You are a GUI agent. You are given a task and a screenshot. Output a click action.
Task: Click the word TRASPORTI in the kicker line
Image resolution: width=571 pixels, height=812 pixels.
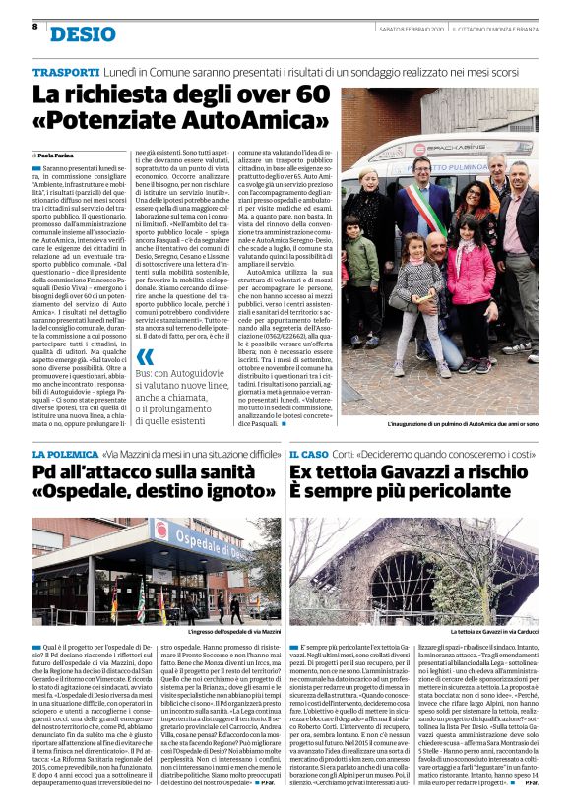pyautogui.click(x=66, y=73)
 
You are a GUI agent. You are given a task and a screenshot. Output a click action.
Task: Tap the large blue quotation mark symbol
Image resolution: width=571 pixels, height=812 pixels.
pyautogui.click(x=145, y=357)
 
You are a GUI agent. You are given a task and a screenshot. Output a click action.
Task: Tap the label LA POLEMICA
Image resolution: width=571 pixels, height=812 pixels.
pyautogui.click(x=65, y=455)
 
